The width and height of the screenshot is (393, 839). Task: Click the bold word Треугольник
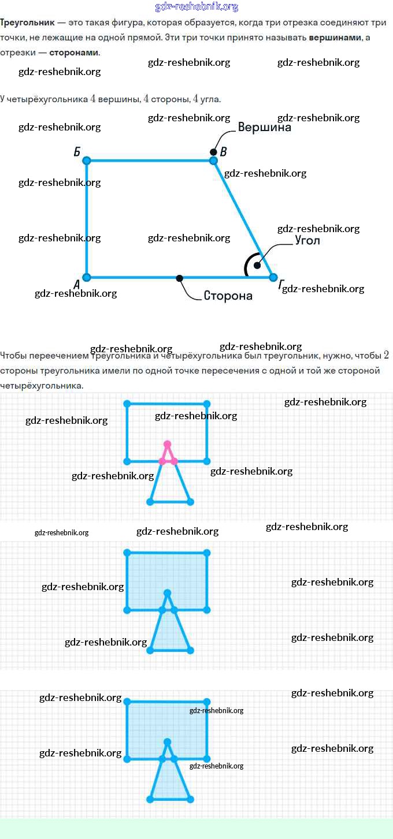coord(27,22)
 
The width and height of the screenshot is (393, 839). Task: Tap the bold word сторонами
coord(74,52)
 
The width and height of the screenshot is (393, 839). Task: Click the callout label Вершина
coord(265,128)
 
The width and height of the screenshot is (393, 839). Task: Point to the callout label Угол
coord(307,240)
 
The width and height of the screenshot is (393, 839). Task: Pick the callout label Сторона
coord(228,296)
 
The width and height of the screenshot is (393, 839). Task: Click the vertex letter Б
coord(77,152)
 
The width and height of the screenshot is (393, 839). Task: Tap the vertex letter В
coord(224,152)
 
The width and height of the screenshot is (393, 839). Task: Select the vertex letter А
coord(76,284)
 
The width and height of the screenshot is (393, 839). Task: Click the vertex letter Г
coord(281,285)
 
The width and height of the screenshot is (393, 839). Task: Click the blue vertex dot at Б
coord(87,161)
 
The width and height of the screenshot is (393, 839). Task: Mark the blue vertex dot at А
coord(87,277)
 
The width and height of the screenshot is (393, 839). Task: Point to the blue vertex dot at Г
coord(273,277)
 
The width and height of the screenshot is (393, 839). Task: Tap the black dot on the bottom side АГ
coord(180,278)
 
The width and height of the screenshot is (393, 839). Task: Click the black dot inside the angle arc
coord(257,265)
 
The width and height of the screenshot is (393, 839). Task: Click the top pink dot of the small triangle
coord(168,444)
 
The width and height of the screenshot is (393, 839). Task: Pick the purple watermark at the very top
coord(197,6)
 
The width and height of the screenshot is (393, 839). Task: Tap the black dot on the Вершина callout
coord(214,152)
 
